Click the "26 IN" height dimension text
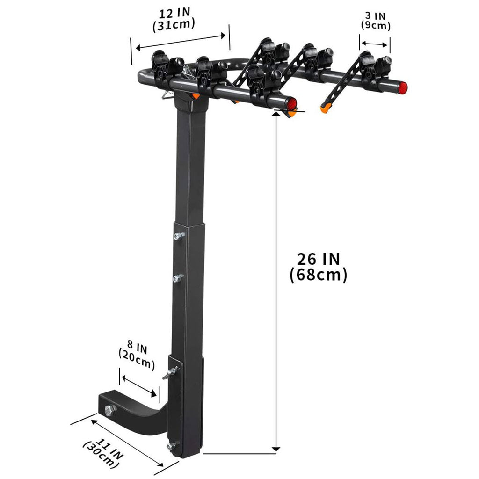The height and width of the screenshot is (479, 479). point(318,259)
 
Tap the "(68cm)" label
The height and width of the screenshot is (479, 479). point(318,275)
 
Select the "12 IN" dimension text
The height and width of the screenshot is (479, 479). point(174,14)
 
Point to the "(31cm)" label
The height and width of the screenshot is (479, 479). point(174,25)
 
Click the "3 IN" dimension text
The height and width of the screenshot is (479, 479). point(375,15)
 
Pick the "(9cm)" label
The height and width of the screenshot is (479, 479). point(376,25)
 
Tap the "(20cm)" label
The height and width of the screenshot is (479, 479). point(137,359)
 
